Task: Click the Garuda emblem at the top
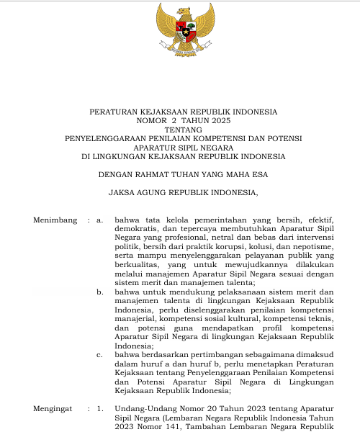180,31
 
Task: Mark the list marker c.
100,355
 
